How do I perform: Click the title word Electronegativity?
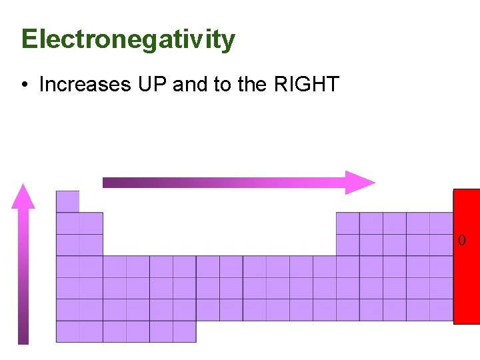click(x=128, y=40)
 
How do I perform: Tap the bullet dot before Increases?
click(x=24, y=85)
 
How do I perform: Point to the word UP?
click(x=153, y=85)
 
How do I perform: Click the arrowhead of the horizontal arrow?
click(x=360, y=182)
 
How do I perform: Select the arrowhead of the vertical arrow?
click(x=23, y=196)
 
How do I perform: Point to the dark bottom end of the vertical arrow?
click(x=23, y=339)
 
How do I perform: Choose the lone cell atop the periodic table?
click(x=67, y=201)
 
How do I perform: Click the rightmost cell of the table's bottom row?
click(x=184, y=331)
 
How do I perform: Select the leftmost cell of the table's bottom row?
click(x=67, y=331)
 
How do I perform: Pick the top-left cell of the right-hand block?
click(x=347, y=223)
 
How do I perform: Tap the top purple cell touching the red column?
click(x=441, y=223)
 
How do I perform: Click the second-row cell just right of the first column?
click(x=91, y=223)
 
